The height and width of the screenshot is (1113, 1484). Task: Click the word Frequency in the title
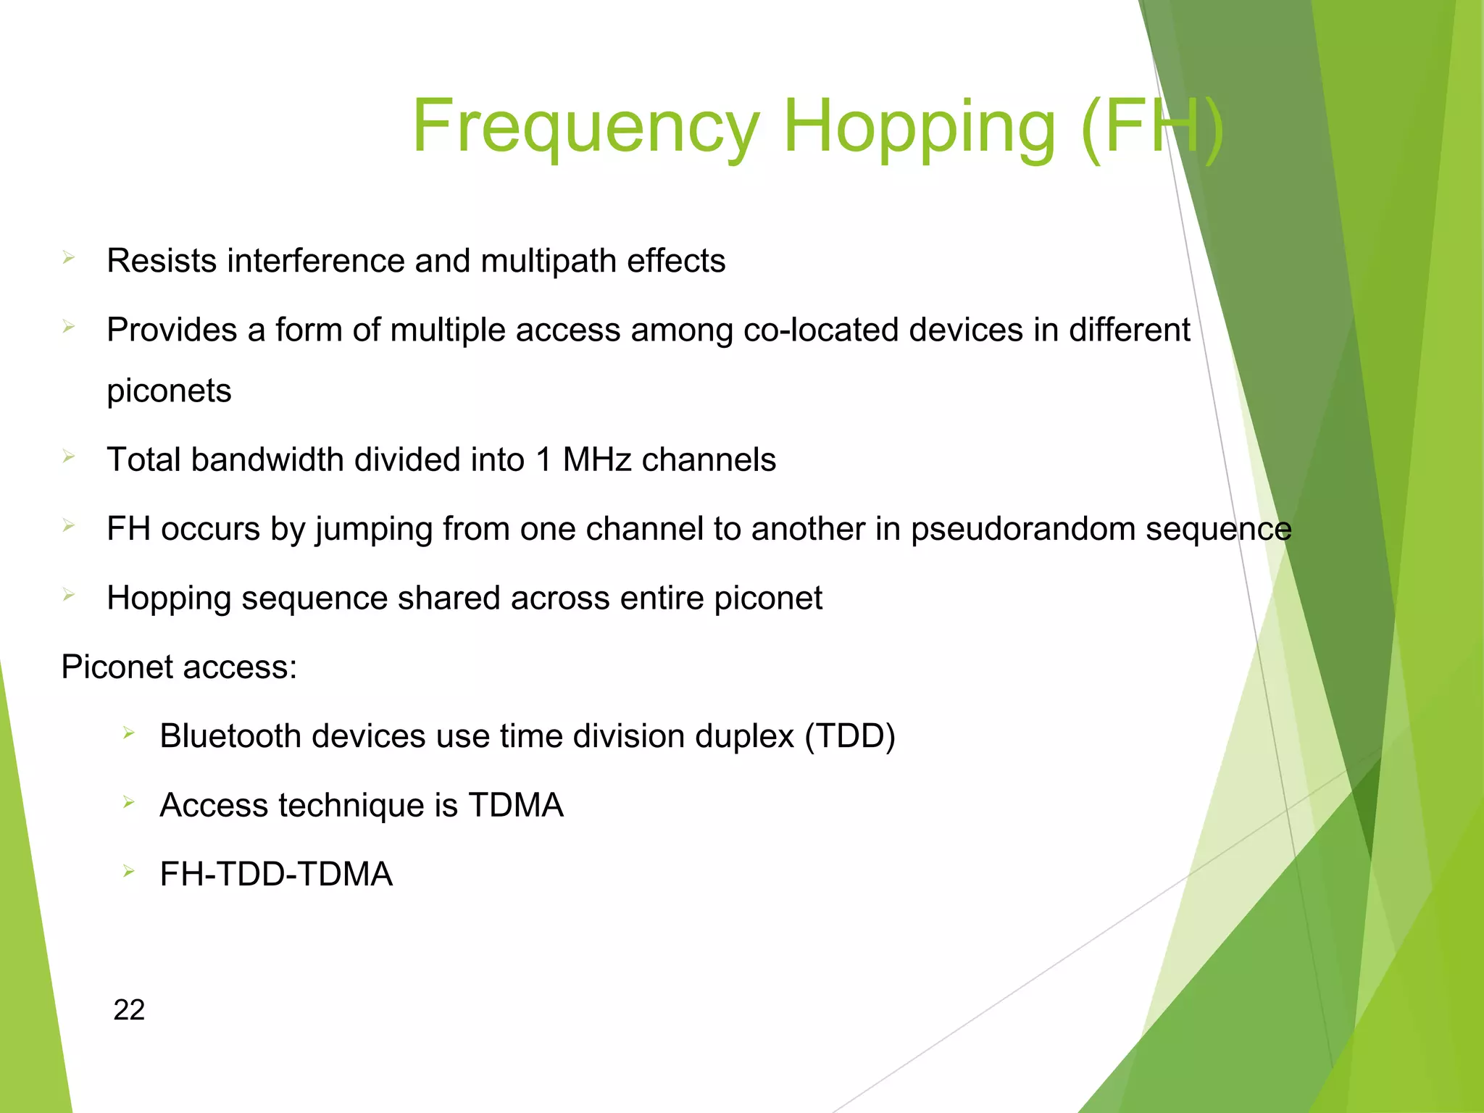click(585, 127)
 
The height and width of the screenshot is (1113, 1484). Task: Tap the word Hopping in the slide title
click(919, 127)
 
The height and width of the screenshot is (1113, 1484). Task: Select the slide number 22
click(129, 1009)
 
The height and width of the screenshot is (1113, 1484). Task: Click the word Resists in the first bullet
click(161, 261)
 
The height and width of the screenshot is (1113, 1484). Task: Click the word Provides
click(172, 330)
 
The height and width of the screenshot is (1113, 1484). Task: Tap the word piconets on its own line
click(169, 391)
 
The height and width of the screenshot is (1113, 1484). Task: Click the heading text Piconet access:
click(179, 667)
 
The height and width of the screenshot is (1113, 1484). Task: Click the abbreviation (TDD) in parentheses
click(850, 736)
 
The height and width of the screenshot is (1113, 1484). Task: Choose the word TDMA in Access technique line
click(515, 806)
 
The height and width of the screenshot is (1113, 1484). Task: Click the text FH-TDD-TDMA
click(276, 875)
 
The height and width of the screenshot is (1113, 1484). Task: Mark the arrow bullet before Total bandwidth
click(69, 457)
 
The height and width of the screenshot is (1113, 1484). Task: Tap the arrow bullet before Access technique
click(129, 801)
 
